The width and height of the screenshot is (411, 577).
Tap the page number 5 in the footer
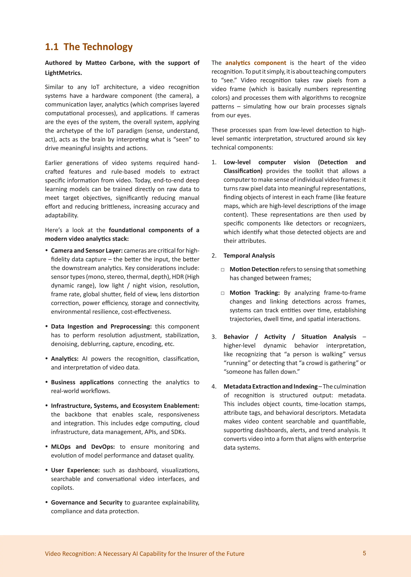[x=364, y=553]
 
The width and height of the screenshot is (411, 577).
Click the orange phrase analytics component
[x=256, y=63]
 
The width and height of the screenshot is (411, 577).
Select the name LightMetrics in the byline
[x=63, y=73]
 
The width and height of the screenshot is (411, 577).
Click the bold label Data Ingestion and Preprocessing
[x=101, y=327]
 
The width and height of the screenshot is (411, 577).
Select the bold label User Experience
[x=75, y=470]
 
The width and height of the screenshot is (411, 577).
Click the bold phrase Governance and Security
[x=86, y=502]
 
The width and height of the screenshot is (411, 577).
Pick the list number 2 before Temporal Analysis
[x=214, y=256]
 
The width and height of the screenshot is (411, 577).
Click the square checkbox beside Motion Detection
[x=223, y=270]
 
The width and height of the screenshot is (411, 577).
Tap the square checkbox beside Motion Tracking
[x=223, y=293]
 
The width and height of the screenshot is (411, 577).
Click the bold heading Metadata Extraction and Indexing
[x=270, y=387]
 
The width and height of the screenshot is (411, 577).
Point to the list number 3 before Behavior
[x=214, y=337]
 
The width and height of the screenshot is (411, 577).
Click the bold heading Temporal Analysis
[x=249, y=256]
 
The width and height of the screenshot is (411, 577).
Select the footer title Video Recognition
[x=144, y=554]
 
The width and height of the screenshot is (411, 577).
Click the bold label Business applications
[x=82, y=382]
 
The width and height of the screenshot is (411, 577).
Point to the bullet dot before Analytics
[x=47, y=358]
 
